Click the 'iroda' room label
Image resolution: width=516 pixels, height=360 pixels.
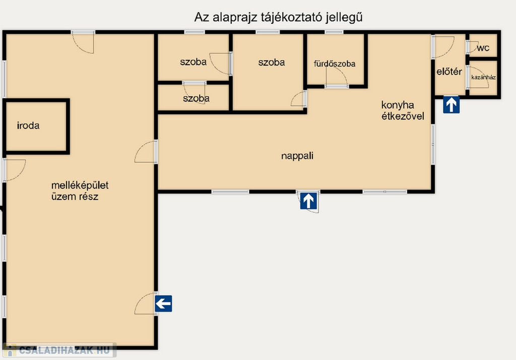coord(28,126)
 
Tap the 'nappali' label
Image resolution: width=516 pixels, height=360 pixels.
coord(297,156)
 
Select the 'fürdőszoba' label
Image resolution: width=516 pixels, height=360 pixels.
coord(335,64)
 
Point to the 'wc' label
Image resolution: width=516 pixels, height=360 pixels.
coord(483,48)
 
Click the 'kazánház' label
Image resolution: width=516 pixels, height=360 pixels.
coord(483,78)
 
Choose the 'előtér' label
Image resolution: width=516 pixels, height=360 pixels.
coord(449,72)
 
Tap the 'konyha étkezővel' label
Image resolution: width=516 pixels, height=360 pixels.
coord(403,110)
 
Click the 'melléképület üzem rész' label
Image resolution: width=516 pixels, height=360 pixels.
coord(80,191)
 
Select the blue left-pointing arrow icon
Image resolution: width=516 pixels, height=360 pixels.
coord(164,304)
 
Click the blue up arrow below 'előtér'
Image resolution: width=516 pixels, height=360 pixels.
coord(451,105)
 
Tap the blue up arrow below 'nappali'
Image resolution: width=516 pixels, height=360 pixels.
coord(308,201)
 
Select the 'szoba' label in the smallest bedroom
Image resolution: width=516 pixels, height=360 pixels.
coord(196,98)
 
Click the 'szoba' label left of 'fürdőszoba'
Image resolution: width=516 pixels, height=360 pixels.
coord(272,62)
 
